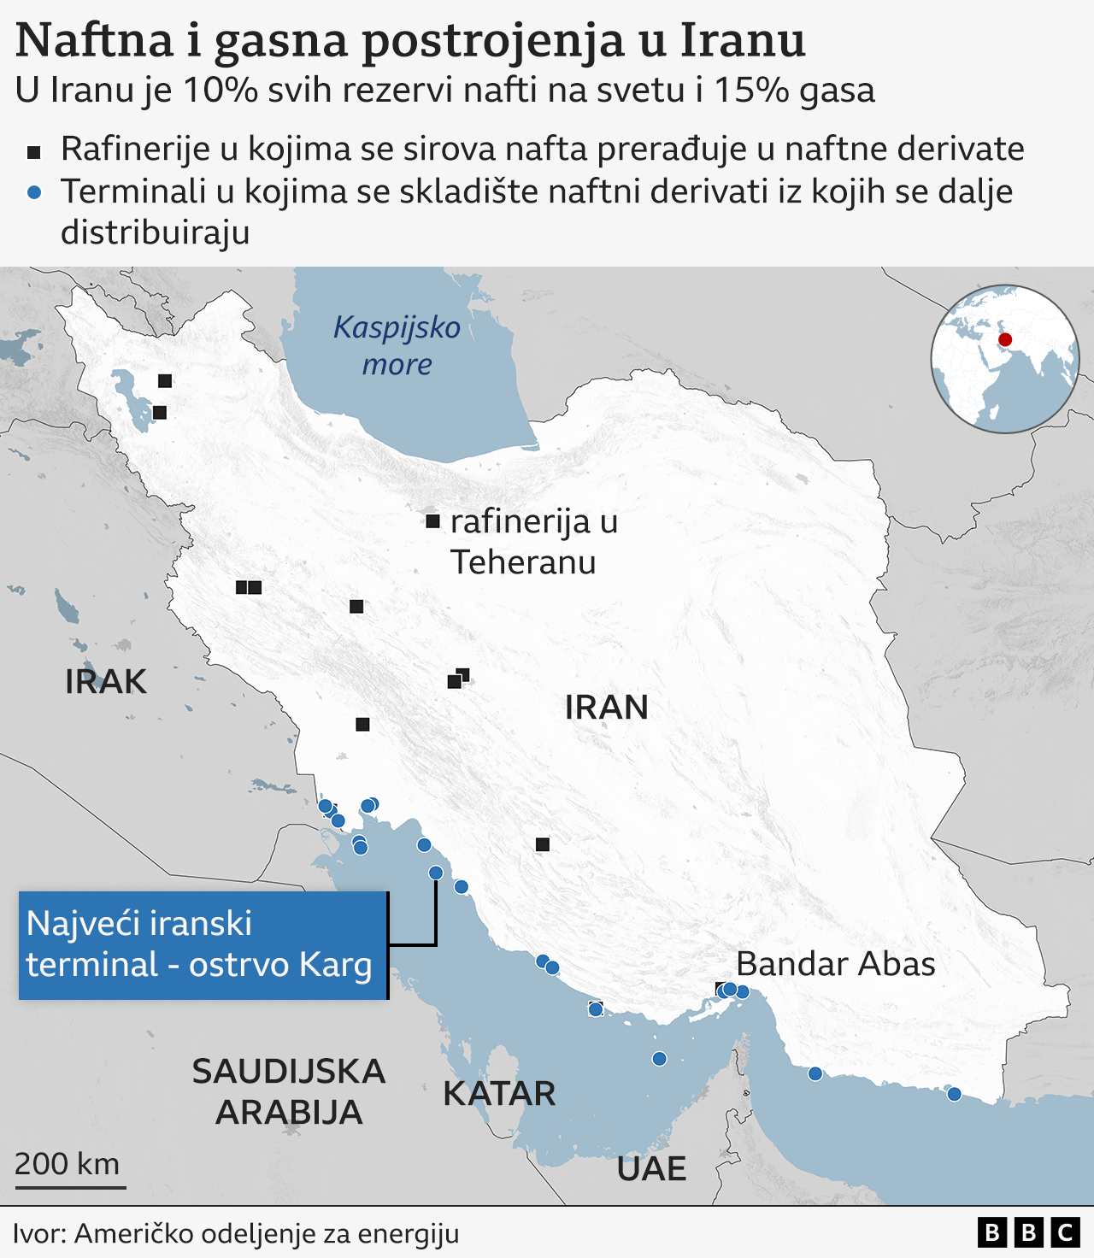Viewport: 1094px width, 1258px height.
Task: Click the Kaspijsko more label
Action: [397, 345]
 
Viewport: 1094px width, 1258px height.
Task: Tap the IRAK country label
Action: [106, 682]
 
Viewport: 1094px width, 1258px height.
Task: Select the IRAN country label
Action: [606, 708]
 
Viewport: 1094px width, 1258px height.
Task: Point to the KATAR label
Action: [499, 1094]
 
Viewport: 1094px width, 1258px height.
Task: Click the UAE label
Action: [651, 1168]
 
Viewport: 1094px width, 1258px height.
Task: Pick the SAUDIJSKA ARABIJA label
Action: [289, 1091]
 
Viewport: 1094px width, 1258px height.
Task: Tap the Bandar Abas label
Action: [835, 964]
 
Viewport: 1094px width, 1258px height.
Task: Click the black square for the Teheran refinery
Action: [432, 521]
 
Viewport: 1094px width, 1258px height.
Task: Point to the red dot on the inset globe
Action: [1005, 340]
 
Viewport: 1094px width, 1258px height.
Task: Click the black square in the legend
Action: [34, 152]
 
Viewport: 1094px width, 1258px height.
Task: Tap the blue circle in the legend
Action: [34, 193]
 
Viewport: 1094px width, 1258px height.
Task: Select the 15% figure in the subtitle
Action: [751, 91]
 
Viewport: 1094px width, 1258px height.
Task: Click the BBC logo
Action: [1028, 1232]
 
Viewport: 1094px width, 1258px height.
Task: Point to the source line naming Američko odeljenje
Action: [236, 1233]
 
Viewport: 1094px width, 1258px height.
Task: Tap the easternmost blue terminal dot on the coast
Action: [954, 1094]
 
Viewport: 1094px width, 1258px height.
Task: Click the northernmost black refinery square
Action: [165, 381]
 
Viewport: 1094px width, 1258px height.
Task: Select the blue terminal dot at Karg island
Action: [436, 873]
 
